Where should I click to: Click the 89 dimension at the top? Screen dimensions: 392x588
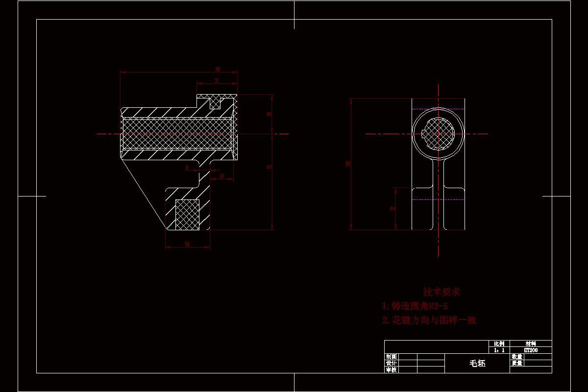[x=218, y=69]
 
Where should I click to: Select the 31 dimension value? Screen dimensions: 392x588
[x=217, y=80]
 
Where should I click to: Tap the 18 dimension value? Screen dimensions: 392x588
[x=221, y=175]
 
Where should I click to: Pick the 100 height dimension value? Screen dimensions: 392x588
[x=348, y=163]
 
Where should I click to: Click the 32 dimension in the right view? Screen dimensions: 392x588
[x=392, y=209]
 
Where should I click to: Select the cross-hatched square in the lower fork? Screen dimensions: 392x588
[x=187, y=215]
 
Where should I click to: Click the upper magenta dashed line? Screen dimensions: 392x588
[x=438, y=109]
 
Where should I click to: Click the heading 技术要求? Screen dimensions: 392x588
[x=441, y=292]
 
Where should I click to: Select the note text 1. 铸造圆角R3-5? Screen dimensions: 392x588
[x=415, y=306]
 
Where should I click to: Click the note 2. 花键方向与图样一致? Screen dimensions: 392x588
[x=429, y=320]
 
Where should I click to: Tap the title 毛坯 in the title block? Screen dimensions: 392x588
[x=477, y=364]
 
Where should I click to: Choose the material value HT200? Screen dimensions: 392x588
[x=530, y=350]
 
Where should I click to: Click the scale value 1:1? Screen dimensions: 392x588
[x=499, y=350]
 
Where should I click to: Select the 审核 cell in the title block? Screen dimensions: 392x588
[x=391, y=370]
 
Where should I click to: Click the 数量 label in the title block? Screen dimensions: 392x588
[x=516, y=357]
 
